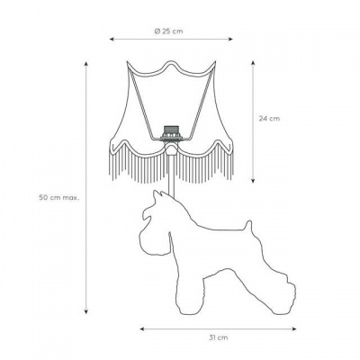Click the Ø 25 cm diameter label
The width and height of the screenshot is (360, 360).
click(x=168, y=31)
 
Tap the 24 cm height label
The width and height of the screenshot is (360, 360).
click(x=269, y=119)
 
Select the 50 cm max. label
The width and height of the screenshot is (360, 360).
click(x=59, y=198)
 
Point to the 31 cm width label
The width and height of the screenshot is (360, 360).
click(x=218, y=337)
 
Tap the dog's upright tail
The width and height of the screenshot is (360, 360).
click(x=248, y=226)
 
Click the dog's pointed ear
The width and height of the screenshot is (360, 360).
click(x=158, y=195)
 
